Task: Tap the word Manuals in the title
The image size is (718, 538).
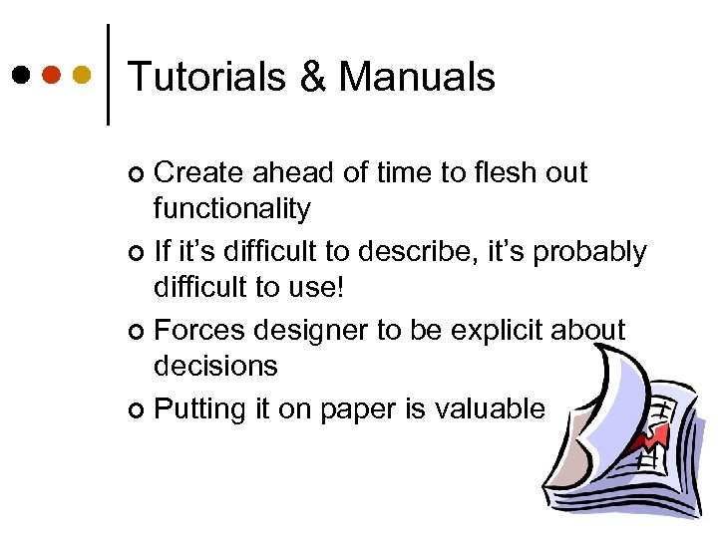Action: [417, 78]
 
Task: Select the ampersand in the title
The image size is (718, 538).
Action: [313, 78]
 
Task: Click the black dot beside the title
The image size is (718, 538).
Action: [21, 75]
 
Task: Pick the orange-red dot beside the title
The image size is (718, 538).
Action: [52, 75]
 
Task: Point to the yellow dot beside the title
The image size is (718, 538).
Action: [83, 75]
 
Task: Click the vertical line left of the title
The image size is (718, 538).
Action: [106, 75]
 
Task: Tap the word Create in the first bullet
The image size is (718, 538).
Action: [198, 173]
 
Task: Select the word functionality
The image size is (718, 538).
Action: [231, 209]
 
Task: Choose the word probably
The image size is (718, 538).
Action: [590, 252]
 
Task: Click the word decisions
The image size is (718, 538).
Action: [215, 366]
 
